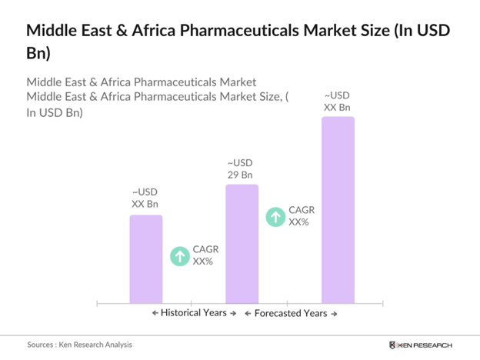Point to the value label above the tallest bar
pos(337,101)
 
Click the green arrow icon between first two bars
pos(179,255)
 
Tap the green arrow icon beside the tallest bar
pos(275,216)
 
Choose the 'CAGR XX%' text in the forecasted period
pos(300,216)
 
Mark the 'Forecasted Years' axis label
pos(291,313)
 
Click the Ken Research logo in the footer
pos(421,345)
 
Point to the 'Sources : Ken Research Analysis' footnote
pos(80,345)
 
